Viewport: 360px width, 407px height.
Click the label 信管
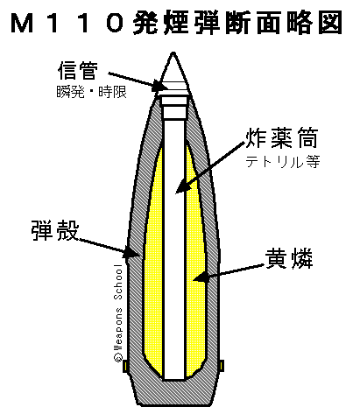click(x=78, y=70)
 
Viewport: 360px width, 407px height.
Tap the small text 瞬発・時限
click(x=91, y=93)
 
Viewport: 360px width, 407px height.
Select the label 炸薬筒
click(x=282, y=138)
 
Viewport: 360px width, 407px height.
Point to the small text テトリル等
click(x=283, y=161)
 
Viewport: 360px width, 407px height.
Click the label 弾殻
click(x=55, y=230)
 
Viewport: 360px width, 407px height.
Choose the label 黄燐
click(x=289, y=258)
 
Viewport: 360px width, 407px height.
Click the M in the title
click(x=23, y=23)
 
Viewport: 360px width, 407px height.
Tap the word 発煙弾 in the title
click(x=177, y=23)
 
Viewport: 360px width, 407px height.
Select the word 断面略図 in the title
click(x=284, y=23)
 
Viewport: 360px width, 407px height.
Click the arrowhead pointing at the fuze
click(x=160, y=86)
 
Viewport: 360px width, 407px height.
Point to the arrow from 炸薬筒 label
click(x=209, y=167)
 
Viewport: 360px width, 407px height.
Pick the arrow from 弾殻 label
click(x=109, y=249)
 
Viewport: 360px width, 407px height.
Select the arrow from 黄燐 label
click(x=229, y=273)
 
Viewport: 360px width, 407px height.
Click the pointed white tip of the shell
click(x=173, y=54)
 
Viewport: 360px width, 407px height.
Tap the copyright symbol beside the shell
click(x=118, y=357)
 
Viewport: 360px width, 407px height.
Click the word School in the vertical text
click(x=118, y=283)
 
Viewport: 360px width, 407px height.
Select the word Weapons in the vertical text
click(x=118, y=329)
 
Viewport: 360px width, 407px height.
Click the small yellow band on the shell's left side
click(x=125, y=366)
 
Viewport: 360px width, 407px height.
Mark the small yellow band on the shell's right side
click(x=222, y=366)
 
